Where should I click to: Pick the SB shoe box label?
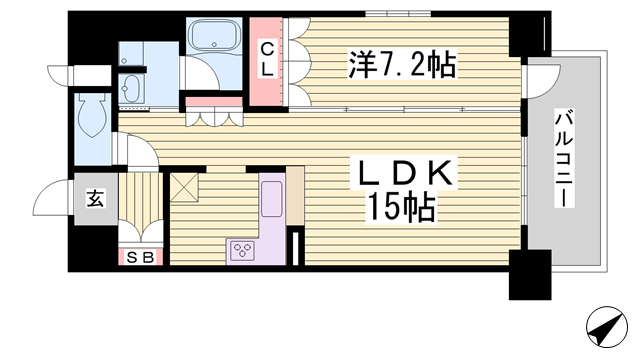pos(141,258)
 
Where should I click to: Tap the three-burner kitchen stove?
pos(244,250)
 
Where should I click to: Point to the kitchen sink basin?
pos(272,200)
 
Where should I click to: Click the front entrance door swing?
pos(52,200)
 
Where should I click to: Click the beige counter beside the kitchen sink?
pos(295,190)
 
